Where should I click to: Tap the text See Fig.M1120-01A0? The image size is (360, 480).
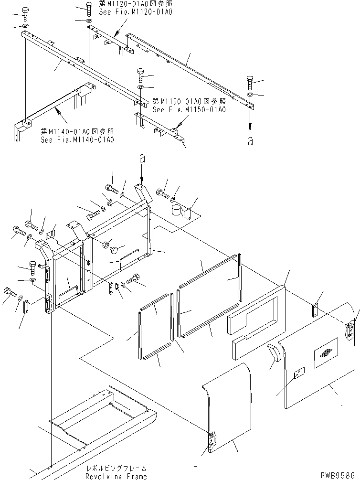coord(136,11)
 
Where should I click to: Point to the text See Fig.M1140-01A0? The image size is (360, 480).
coord(77,139)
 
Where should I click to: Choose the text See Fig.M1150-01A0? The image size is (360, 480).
coord(189,109)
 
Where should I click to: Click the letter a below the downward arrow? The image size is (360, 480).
coord(251,141)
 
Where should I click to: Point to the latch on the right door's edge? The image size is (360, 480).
coord(351,330)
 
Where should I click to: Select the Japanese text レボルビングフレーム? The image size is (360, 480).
coord(116,469)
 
